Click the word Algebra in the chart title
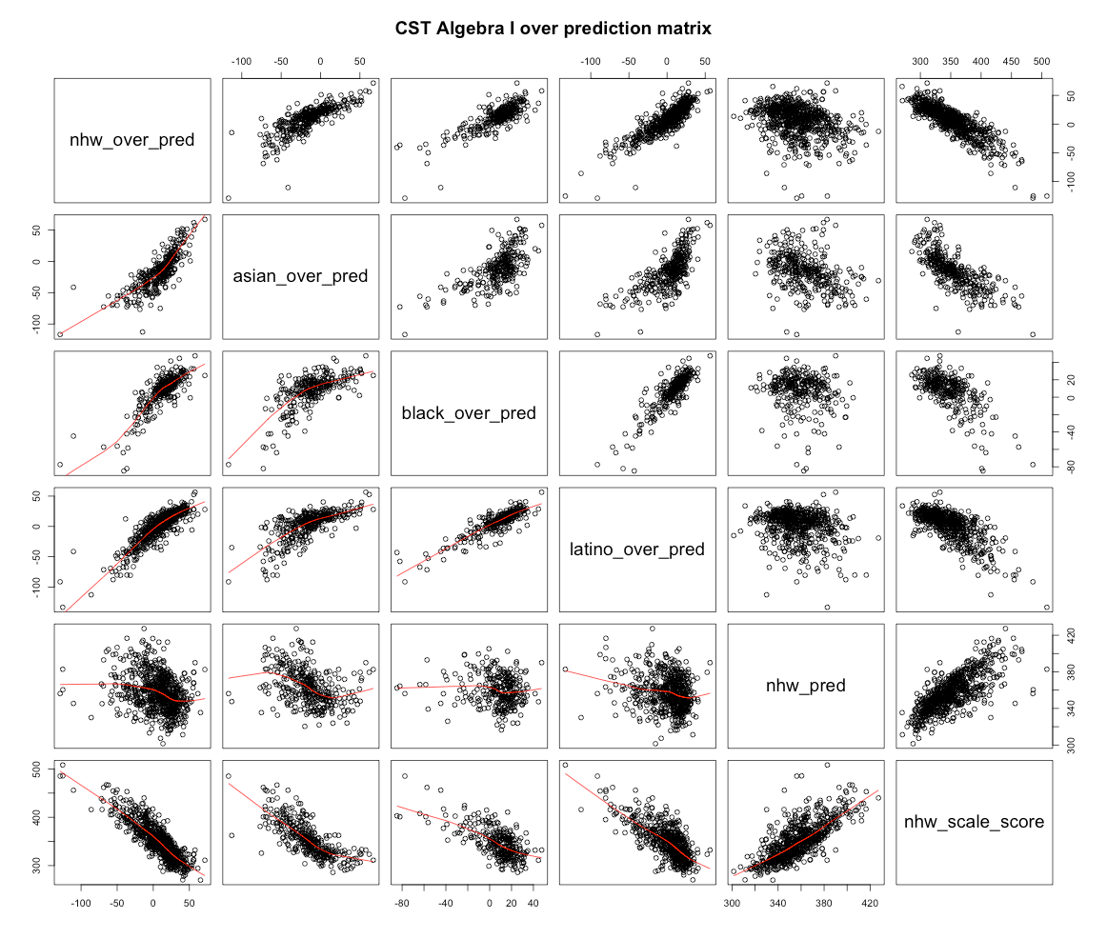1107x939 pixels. coord(477,30)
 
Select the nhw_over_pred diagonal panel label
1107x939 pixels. coord(131,141)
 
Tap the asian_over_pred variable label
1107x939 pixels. coord(300,277)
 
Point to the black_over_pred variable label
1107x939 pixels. coord(469,413)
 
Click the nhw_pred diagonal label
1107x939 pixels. coord(806,685)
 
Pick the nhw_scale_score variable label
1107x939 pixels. coord(974,821)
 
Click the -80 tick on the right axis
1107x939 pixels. coord(1069,466)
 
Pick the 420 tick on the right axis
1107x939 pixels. coord(1069,633)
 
